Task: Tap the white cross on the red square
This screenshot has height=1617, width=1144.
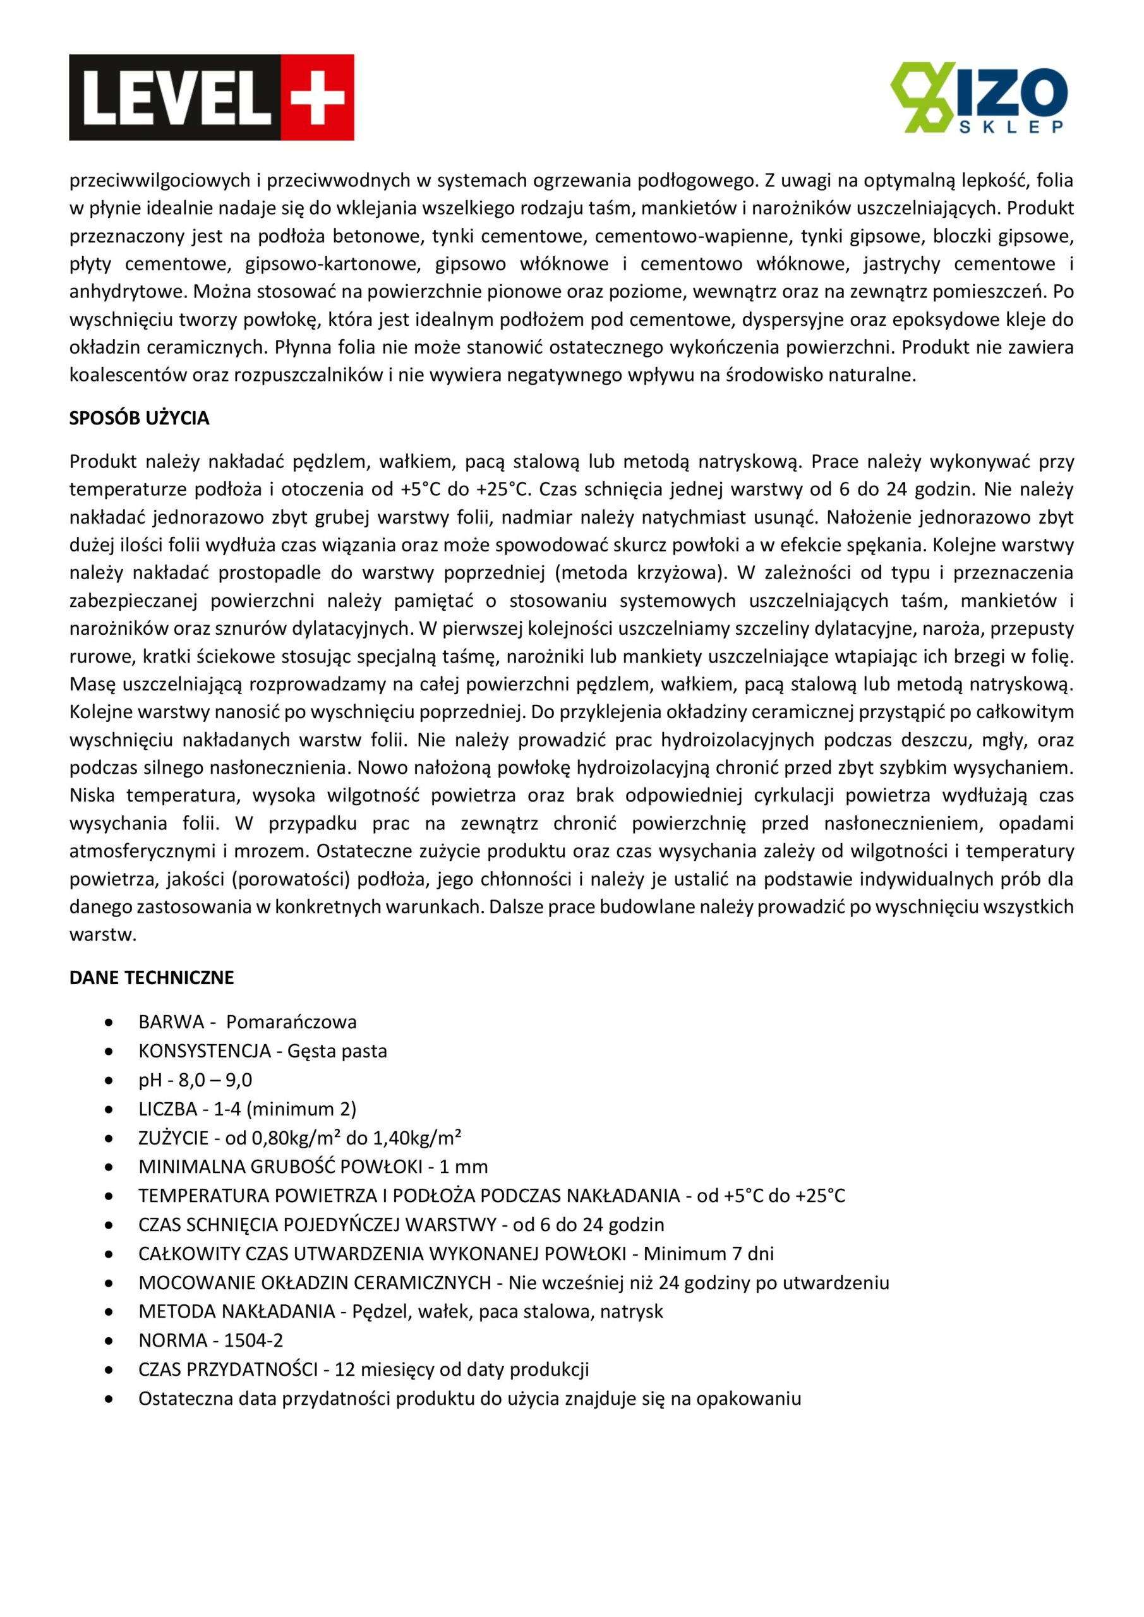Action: point(318,97)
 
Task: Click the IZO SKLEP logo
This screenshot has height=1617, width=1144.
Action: point(978,97)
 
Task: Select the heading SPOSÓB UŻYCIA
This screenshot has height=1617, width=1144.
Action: point(139,418)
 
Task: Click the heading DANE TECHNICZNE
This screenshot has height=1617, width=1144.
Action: point(152,978)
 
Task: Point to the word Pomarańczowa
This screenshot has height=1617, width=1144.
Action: point(291,1022)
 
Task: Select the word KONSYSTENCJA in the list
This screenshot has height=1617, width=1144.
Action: point(204,1051)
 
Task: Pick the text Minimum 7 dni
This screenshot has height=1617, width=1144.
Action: point(708,1254)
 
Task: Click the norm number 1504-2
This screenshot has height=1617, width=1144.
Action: point(253,1340)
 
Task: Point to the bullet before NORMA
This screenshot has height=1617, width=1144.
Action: point(109,1341)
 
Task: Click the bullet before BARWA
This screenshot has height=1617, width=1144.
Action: point(109,1023)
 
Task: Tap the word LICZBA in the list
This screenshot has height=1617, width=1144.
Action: point(167,1109)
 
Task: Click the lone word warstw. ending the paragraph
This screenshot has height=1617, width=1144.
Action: point(102,935)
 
